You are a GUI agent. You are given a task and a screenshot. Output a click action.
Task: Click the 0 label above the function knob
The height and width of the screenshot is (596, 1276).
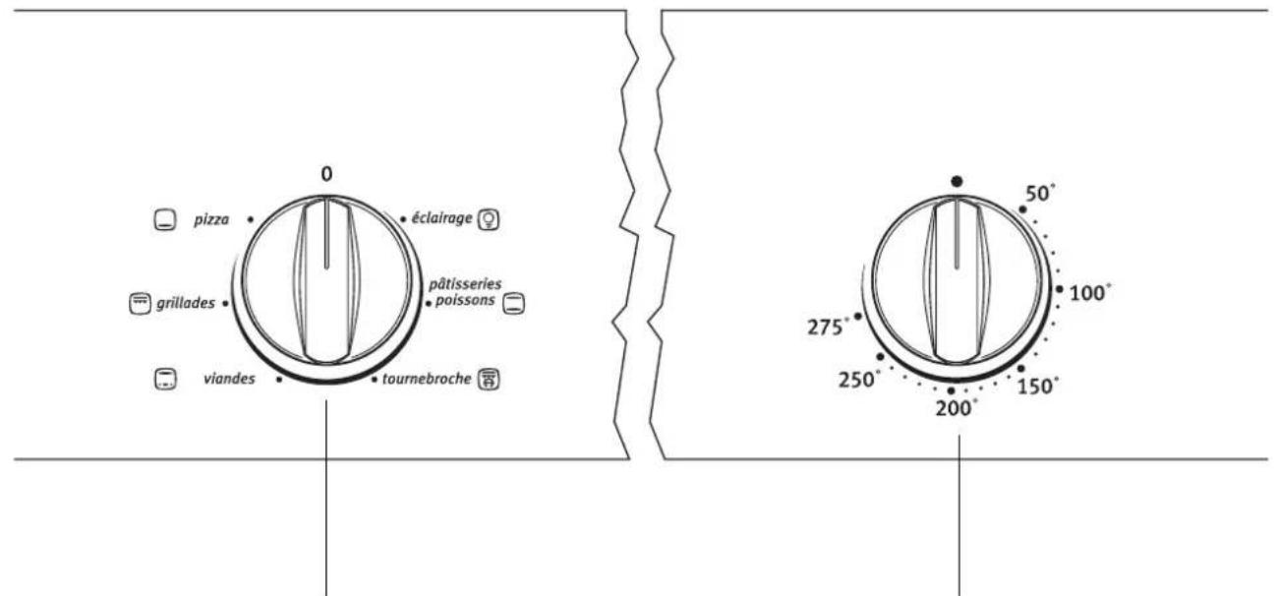(326, 174)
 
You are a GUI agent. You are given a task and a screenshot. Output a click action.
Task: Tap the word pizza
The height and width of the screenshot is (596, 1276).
(211, 219)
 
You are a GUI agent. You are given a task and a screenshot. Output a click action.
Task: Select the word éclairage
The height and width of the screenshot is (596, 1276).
(441, 218)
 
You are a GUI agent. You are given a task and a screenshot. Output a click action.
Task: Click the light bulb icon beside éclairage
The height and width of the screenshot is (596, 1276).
(489, 219)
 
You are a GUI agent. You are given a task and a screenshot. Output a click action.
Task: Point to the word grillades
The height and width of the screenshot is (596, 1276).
(186, 303)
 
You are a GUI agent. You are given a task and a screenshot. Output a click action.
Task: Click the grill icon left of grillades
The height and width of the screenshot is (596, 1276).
(141, 303)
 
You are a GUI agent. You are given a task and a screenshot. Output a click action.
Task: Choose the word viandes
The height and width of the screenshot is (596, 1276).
(229, 379)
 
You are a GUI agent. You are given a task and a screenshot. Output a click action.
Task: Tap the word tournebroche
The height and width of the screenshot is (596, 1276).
(426, 379)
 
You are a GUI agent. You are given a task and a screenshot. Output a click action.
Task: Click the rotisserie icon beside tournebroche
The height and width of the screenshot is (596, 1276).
(489, 379)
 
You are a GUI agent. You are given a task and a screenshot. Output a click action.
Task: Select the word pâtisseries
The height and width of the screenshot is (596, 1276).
(465, 284)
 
